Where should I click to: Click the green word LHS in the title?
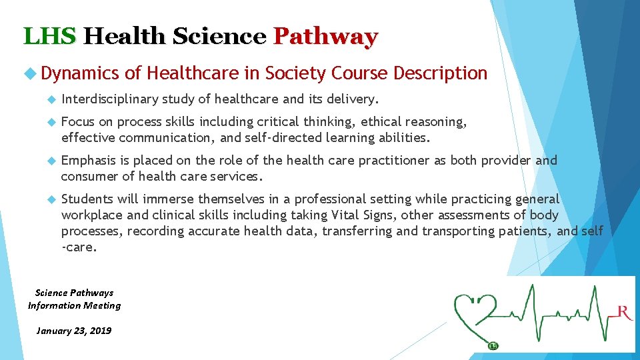click(x=50, y=36)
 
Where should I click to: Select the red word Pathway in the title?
click(x=325, y=36)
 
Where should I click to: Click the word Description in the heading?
click(x=441, y=73)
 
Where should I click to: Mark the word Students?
click(x=87, y=199)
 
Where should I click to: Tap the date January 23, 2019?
click(x=74, y=331)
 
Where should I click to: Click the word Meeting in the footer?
click(x=99, y=305)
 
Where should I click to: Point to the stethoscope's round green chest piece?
click(x=493, y=345)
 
